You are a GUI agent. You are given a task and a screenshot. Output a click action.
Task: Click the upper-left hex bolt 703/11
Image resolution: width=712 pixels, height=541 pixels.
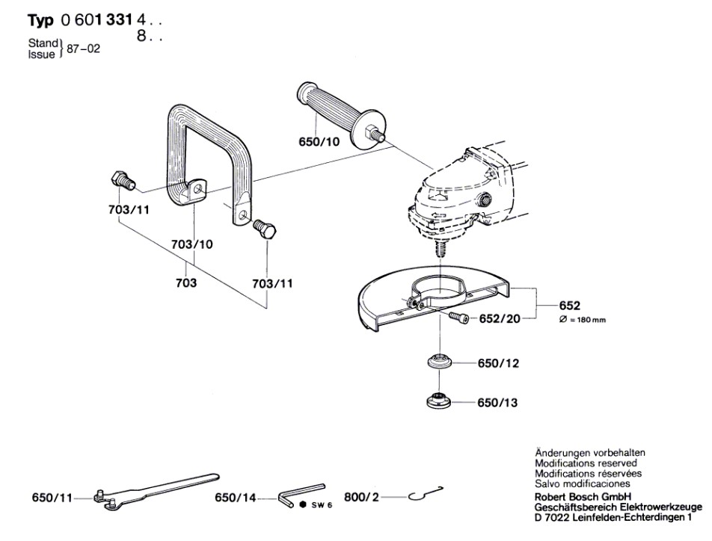tap(120, 180)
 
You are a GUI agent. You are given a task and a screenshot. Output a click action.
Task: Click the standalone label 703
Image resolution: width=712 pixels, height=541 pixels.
tap(187, 283)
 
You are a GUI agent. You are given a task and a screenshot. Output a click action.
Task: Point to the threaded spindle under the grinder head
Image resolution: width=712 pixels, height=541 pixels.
tap(442, 244)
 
